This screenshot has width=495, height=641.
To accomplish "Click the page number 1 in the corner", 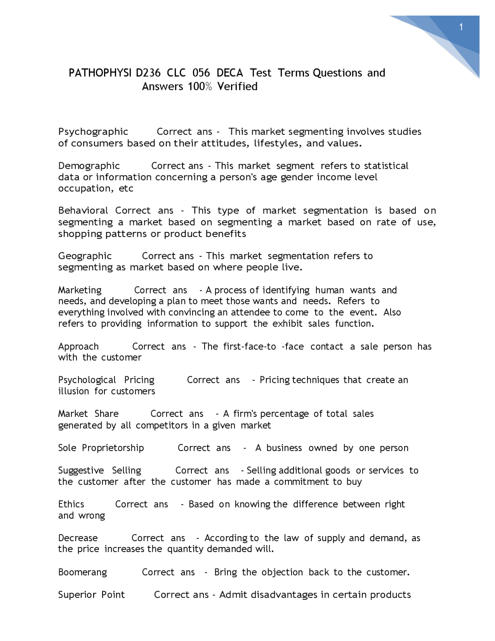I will pyautogui.click(x=461, y=27).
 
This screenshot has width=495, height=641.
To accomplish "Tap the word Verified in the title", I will pyautogui.click(x=237, y=86).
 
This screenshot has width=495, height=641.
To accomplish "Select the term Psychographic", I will pyautogui.click(x=93, y=132).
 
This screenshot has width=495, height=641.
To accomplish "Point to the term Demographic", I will pyautogui.click(x=89, y=166).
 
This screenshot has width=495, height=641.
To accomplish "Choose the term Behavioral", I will pyautogui.click(x=83, y=211).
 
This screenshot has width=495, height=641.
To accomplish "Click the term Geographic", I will pyautogui.click(x=85, y=256).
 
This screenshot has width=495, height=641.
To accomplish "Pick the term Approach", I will pyautogui.click(x=78, y=347).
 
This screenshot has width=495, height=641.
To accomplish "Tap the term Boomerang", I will pyautogui.click(x=82, y=572).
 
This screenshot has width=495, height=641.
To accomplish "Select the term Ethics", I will pyautogui.click(x=71, y=504).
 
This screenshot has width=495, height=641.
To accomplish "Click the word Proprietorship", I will pyautogui.click(x=113, y=448).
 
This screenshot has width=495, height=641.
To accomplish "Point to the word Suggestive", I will pyautogui.click(x=81, y=471).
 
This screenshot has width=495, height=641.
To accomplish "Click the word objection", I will pyautogui.click(x=282, y=572).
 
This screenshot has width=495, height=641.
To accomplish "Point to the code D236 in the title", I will pyautogui.click(x=149, y=73).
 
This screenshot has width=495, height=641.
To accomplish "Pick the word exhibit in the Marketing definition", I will pyautogui.click(x=287, y=324).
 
